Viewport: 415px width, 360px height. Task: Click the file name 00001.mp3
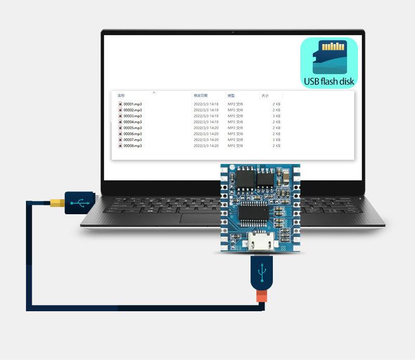132,104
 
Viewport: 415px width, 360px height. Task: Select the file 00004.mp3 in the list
132,122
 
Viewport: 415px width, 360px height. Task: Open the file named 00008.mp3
132,146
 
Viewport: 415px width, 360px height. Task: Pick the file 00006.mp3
132,134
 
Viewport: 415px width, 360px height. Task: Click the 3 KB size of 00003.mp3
276,116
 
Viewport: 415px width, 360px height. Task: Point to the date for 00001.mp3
206,104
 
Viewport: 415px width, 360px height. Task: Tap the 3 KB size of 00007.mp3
276,140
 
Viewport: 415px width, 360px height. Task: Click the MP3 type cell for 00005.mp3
235,128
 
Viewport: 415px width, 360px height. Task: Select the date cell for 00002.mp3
206,110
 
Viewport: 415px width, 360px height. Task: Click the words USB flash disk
329,81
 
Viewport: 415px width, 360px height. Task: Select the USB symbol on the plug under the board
262,271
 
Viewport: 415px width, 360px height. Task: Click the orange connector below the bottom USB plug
261,297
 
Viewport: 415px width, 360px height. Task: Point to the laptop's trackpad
203,218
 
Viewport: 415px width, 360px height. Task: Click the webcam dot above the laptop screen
233,33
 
